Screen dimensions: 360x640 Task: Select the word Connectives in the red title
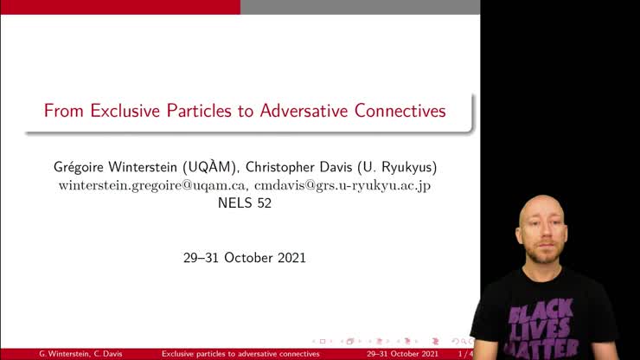[x=401, y=112]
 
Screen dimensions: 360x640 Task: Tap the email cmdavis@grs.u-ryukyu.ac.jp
[x=342, y=185]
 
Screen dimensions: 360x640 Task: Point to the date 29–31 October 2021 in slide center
[x=245, y=258]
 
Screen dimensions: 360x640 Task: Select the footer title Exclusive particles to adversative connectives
[x=241, y=354]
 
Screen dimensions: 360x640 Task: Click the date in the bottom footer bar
[x=402, y=354]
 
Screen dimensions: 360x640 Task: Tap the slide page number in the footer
[x=465, y=354]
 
